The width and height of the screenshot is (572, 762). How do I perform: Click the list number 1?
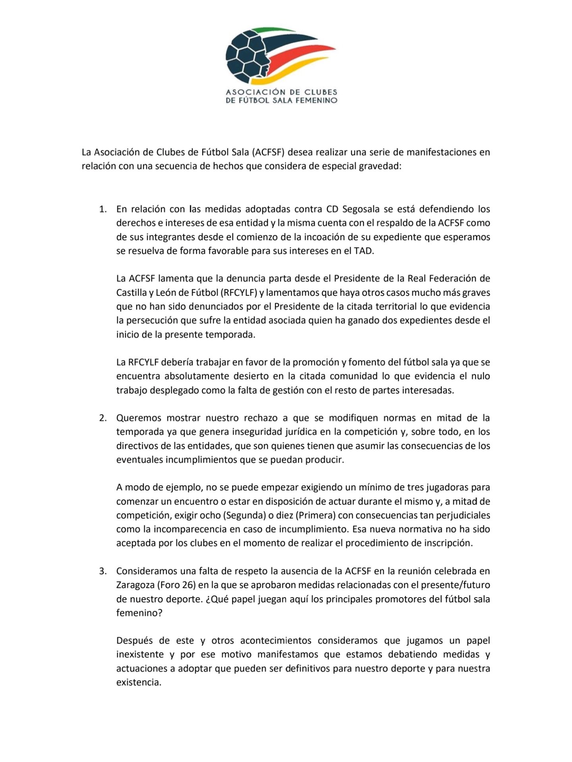pos(102,209)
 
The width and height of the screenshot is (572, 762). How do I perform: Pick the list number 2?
pos(102,418)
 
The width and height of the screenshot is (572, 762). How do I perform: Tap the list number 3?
pos(102,571)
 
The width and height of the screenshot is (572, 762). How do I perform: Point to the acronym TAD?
pos(363,251)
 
